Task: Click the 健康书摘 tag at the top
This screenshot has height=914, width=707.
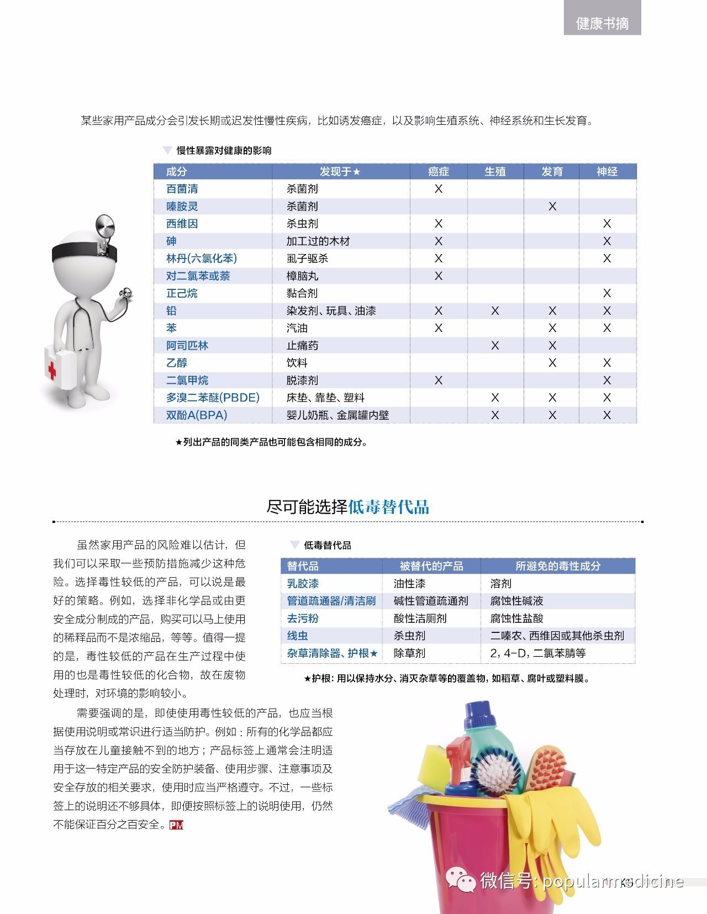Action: (602, 23)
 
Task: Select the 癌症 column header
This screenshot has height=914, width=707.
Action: (439, 172)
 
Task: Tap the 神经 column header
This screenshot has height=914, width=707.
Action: (606, 172)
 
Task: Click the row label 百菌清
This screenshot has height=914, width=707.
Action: (182, 189)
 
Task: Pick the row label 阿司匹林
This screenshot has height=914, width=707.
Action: (187, 346)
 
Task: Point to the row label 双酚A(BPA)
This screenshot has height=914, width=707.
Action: (197, 415)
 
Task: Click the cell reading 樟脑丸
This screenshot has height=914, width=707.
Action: (302, 276)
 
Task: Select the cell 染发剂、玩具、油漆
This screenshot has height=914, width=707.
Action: (331, 311)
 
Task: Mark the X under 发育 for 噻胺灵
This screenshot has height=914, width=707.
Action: (552, 207)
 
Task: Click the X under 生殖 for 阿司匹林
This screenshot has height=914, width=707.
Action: (495, 346)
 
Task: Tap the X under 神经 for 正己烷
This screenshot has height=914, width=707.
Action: (606, 293)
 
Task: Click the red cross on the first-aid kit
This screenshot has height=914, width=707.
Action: (51, 369)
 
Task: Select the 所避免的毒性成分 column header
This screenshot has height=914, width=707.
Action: (558, 566)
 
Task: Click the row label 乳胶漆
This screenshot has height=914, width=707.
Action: (303, 584)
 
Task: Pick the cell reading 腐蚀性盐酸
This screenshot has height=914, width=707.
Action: (516, 619)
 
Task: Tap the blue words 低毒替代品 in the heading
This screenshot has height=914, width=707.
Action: (388, 507)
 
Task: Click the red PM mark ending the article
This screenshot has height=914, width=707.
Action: (176, 825)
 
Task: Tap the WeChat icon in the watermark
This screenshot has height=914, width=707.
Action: (461, 879)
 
